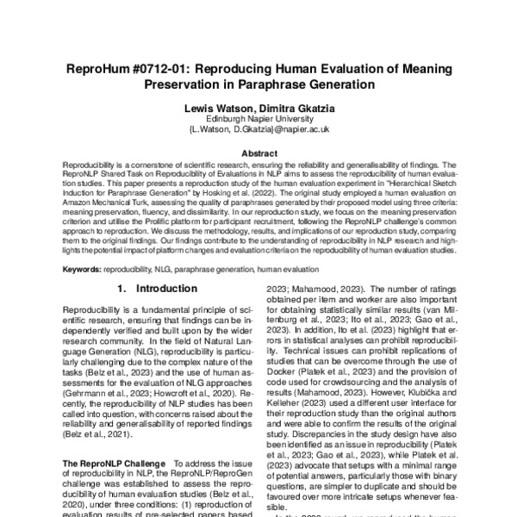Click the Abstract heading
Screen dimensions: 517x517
[258, 153]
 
